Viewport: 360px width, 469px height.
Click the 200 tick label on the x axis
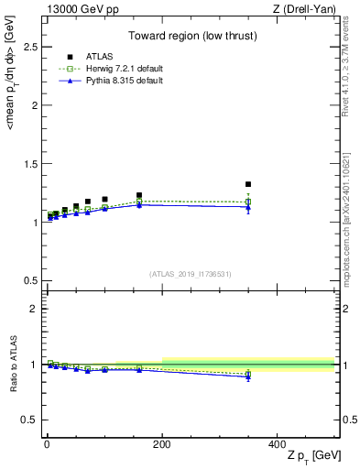click(x=162, y=443)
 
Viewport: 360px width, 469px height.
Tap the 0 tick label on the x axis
click(x=47, y=443)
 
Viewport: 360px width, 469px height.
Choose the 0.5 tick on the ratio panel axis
click(x=29, y=420)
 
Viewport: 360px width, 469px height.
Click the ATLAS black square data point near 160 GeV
click(x=139, y=195)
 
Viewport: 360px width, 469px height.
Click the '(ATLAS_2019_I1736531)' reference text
click(x=189, y=274)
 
